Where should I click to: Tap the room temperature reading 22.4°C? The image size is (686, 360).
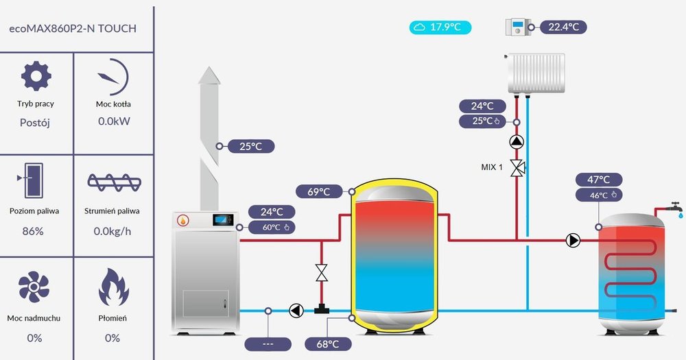tap(564, 27)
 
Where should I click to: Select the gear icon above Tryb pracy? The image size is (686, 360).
tap(36, 76)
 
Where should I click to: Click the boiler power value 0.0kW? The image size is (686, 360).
tap(114, 122)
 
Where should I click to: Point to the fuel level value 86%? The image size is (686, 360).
tap(33, 231)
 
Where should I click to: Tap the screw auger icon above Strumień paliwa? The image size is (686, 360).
tap(114, 182)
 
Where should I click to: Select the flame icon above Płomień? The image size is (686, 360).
tap(114, 287)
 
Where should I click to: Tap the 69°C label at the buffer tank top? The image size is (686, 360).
tap(319, 192)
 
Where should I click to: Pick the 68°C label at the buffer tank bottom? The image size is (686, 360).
tap(327, 344)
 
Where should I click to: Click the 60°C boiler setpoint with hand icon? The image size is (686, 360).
tap(272, 228)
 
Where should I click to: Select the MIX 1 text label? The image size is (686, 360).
tap(491, 167)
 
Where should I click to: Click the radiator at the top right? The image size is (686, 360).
tap(536, 73)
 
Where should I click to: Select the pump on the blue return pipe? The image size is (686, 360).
tap(296, 311)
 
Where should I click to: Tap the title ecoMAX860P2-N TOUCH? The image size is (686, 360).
tap(72, 29)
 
